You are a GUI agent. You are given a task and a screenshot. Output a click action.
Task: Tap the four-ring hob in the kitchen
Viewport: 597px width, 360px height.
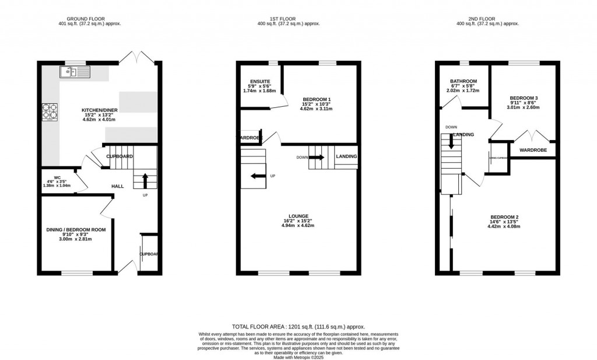point(48,111)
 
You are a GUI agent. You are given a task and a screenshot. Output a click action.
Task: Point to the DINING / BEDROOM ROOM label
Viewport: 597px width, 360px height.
point(76,230)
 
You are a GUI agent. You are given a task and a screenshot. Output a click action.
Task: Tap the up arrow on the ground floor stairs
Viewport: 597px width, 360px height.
point(145,179)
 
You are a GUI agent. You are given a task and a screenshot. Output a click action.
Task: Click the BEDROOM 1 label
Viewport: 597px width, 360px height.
point(318,100)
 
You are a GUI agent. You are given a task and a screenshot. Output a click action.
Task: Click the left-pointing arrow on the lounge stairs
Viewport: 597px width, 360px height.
point(256,176)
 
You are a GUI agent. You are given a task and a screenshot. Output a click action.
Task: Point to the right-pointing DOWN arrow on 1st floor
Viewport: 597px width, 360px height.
point(319,157)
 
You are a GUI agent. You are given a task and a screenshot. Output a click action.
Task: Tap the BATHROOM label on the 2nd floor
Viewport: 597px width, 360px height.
point(463,81)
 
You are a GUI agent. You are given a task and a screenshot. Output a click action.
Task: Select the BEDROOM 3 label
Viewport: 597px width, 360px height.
point(524,98)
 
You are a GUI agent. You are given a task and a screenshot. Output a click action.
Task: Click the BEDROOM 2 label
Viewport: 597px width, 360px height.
point(505,216)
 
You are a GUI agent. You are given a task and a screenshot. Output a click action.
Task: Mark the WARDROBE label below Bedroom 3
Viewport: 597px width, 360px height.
point(532,150)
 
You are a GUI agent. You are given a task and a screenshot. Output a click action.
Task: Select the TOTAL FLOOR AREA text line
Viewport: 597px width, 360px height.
point(298,327)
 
